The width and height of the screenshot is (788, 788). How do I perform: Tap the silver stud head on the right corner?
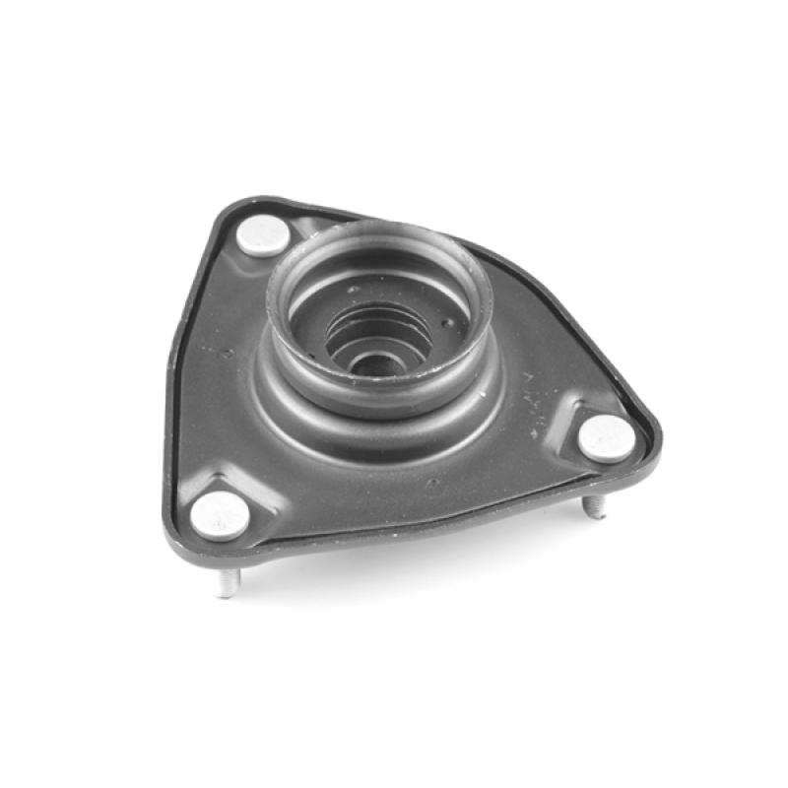pos(605,437)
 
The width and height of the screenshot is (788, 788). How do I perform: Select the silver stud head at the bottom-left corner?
pos(220,515)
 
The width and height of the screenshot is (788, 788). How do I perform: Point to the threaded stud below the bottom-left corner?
pos(227,583)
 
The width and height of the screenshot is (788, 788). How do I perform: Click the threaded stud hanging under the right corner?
pos(594,506)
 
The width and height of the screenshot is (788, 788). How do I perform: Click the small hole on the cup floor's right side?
pos(448,322)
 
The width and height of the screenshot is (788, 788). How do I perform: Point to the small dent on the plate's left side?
pos(228,352)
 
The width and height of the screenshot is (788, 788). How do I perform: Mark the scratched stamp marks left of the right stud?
pos(535,399)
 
